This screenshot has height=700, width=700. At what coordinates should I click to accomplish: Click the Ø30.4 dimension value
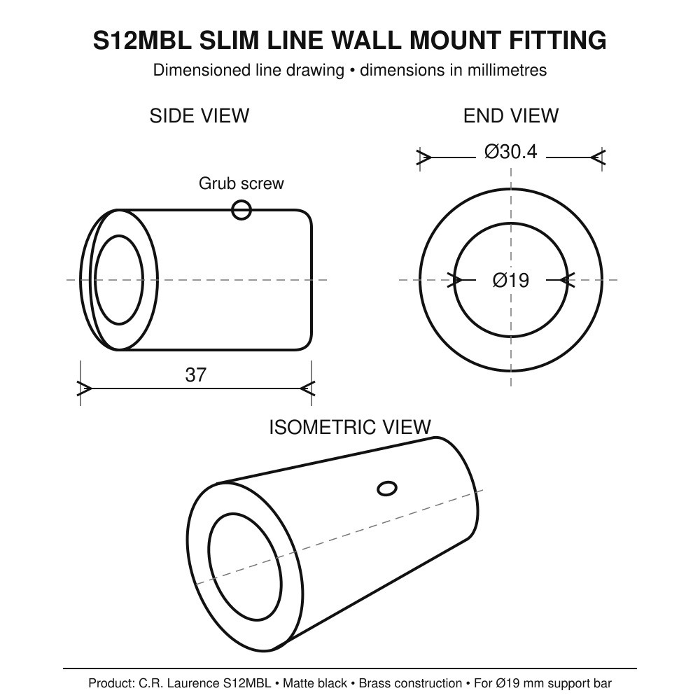511,152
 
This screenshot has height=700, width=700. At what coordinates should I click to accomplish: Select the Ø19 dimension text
511,281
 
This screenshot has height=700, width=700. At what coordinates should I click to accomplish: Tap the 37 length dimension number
195,375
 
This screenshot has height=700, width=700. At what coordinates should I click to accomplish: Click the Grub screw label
241,183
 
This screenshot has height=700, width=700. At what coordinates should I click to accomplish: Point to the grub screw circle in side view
241,210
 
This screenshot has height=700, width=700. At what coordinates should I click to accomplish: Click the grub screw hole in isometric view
387,489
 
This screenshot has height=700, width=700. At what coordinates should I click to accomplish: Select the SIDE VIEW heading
199,116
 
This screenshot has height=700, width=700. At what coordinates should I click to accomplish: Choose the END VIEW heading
511,116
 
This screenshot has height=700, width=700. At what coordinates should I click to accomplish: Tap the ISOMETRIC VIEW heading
350,427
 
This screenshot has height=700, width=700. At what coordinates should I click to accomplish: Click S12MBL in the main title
142,40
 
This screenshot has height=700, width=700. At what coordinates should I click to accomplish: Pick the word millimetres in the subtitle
507,70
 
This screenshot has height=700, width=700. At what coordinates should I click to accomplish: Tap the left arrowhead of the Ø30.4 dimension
423,157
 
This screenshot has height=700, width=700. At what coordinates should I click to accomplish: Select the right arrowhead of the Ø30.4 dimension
598,157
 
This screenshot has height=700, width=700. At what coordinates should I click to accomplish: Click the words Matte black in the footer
315,683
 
